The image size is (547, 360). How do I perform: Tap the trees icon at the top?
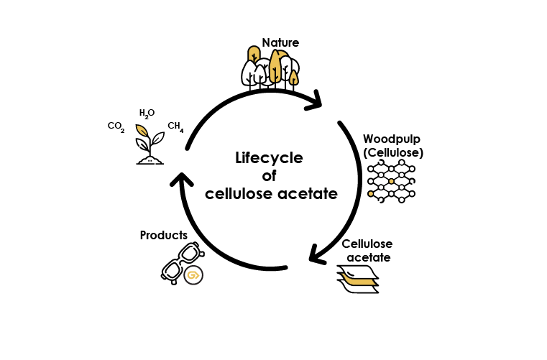click(x=269, y=68)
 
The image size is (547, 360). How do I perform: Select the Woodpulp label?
click(x=392, y=139)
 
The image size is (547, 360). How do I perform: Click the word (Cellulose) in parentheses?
click(x=393, y=153)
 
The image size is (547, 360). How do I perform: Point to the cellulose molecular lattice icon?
click(x=392, y=183)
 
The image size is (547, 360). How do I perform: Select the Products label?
click(x=164, y=235)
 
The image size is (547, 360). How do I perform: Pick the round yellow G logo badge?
click(x=193, y=275)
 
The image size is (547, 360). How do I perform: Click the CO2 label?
click(x=116, y=126)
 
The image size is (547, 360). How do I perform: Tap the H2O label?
click(x=147, y=113)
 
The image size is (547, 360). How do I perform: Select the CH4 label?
click(x=175, y=126)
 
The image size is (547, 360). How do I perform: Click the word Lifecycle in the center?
click(x=270, y=159)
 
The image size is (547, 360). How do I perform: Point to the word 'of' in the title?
click(x=270, y=176)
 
